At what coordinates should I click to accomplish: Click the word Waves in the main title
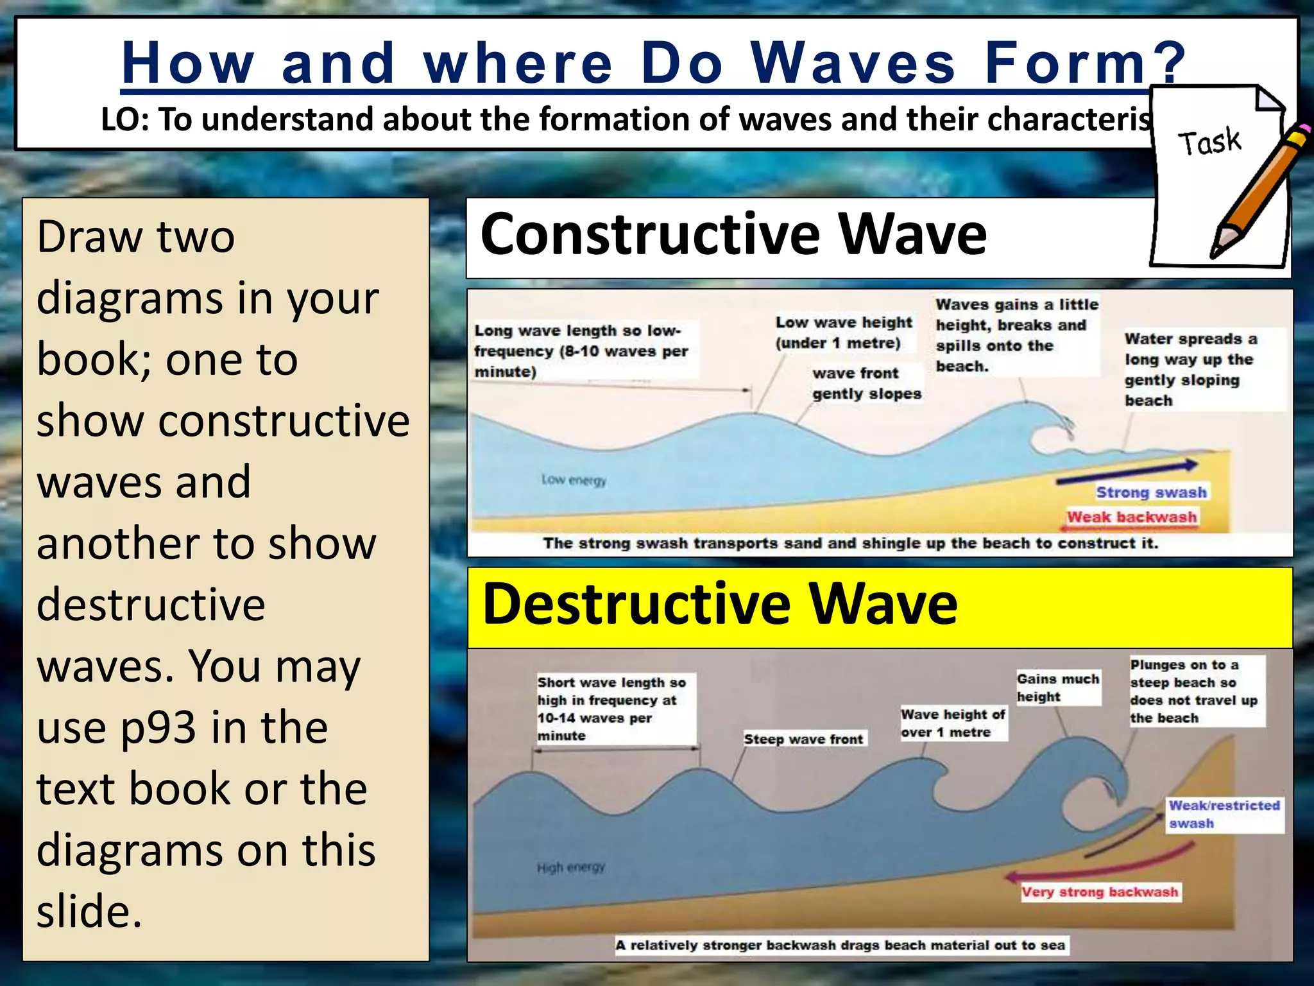(x=853, y=63)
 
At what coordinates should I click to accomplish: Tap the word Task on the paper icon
(x=1209, y=141)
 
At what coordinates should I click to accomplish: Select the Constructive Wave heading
(x=733, y=234)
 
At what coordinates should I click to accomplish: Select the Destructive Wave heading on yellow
(x=720, y=604)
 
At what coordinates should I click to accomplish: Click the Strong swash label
(x=1151, y=492)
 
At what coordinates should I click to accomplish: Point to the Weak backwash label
(x=1132, y=517)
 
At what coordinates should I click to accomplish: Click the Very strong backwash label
(x=1100, y=892)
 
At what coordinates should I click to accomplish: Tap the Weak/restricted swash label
(x=1224, y=814)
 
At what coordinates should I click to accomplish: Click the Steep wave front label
(x=803, y=739)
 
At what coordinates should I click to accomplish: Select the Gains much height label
(x=1057, y=688)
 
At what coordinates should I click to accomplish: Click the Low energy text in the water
(x=574, y=480)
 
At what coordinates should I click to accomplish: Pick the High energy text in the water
(x=570, y=868)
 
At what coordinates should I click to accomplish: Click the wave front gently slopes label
(x=866, y=383)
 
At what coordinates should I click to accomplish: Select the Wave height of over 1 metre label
(x=953, y=723)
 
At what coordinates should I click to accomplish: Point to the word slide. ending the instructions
(x=89, y=912)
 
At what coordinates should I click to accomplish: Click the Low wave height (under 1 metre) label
(x=843, y=333)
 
